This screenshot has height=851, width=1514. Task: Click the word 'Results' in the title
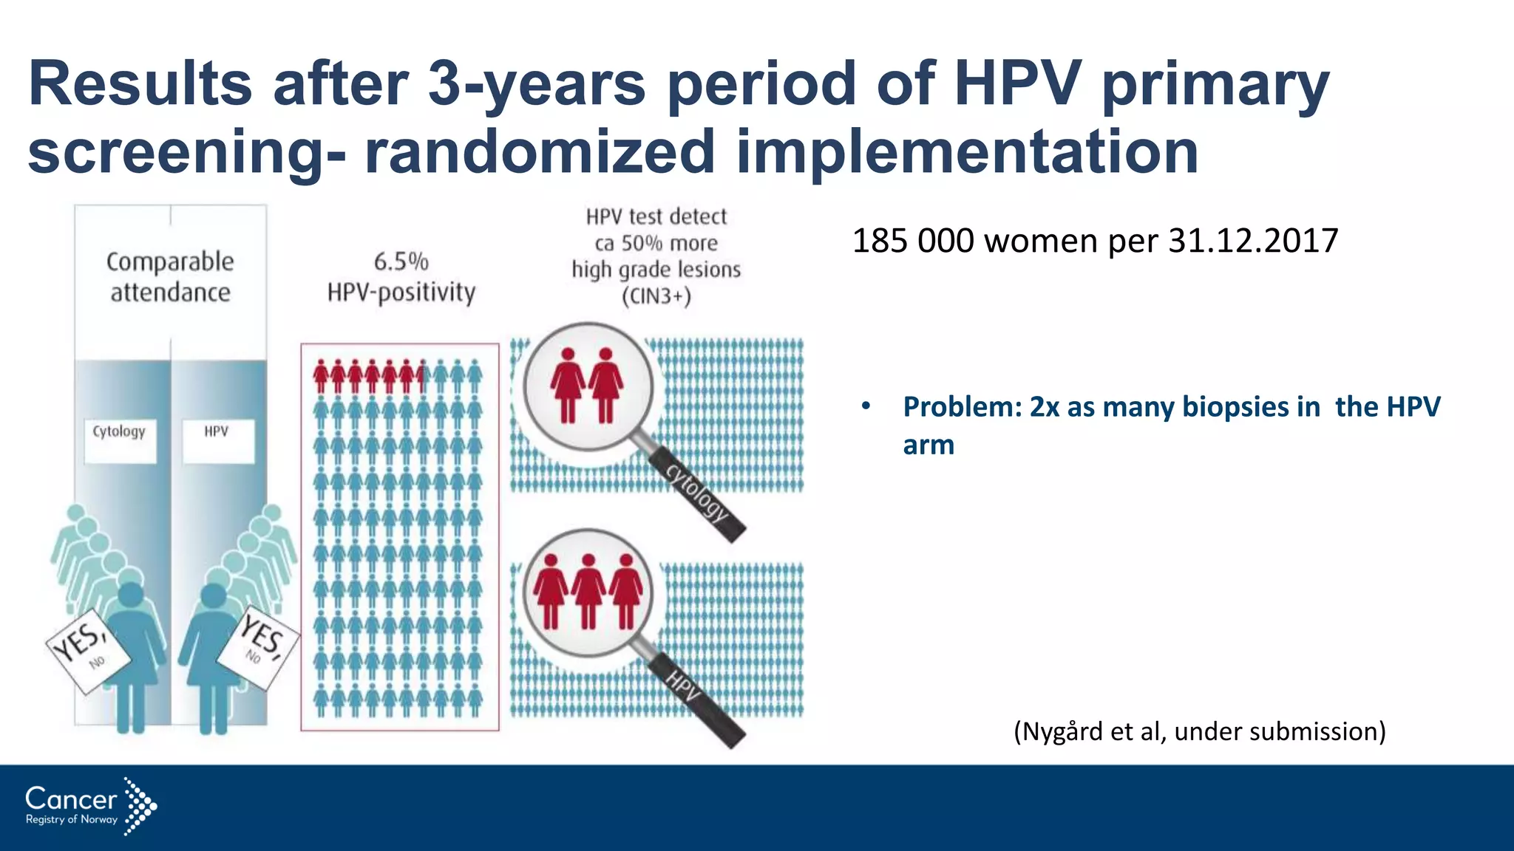pos(140,83)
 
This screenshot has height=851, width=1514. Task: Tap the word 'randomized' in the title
pos(539,151)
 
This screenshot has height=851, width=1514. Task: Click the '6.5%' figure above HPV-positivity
pos(401,262)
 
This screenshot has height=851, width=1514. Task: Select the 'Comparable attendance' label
pos(170,277)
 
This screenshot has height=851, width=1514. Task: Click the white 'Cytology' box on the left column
pos(120,441)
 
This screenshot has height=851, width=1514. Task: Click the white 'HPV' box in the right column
pos(217,441)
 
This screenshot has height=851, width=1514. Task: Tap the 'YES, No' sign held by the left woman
pos(88,649)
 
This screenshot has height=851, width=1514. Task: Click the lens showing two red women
pos(588,386)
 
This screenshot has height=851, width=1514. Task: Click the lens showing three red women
pos(588,592)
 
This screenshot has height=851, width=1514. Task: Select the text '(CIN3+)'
pos(656,297)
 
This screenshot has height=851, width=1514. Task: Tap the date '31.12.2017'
pos(1253,242)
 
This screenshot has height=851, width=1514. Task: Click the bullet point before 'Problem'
pos(866,406)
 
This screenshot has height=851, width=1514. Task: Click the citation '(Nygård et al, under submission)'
pos(1199,731)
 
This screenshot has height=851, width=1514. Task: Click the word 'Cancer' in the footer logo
pos(71,799)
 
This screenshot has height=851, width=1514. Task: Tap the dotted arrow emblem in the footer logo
pos(140,805)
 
